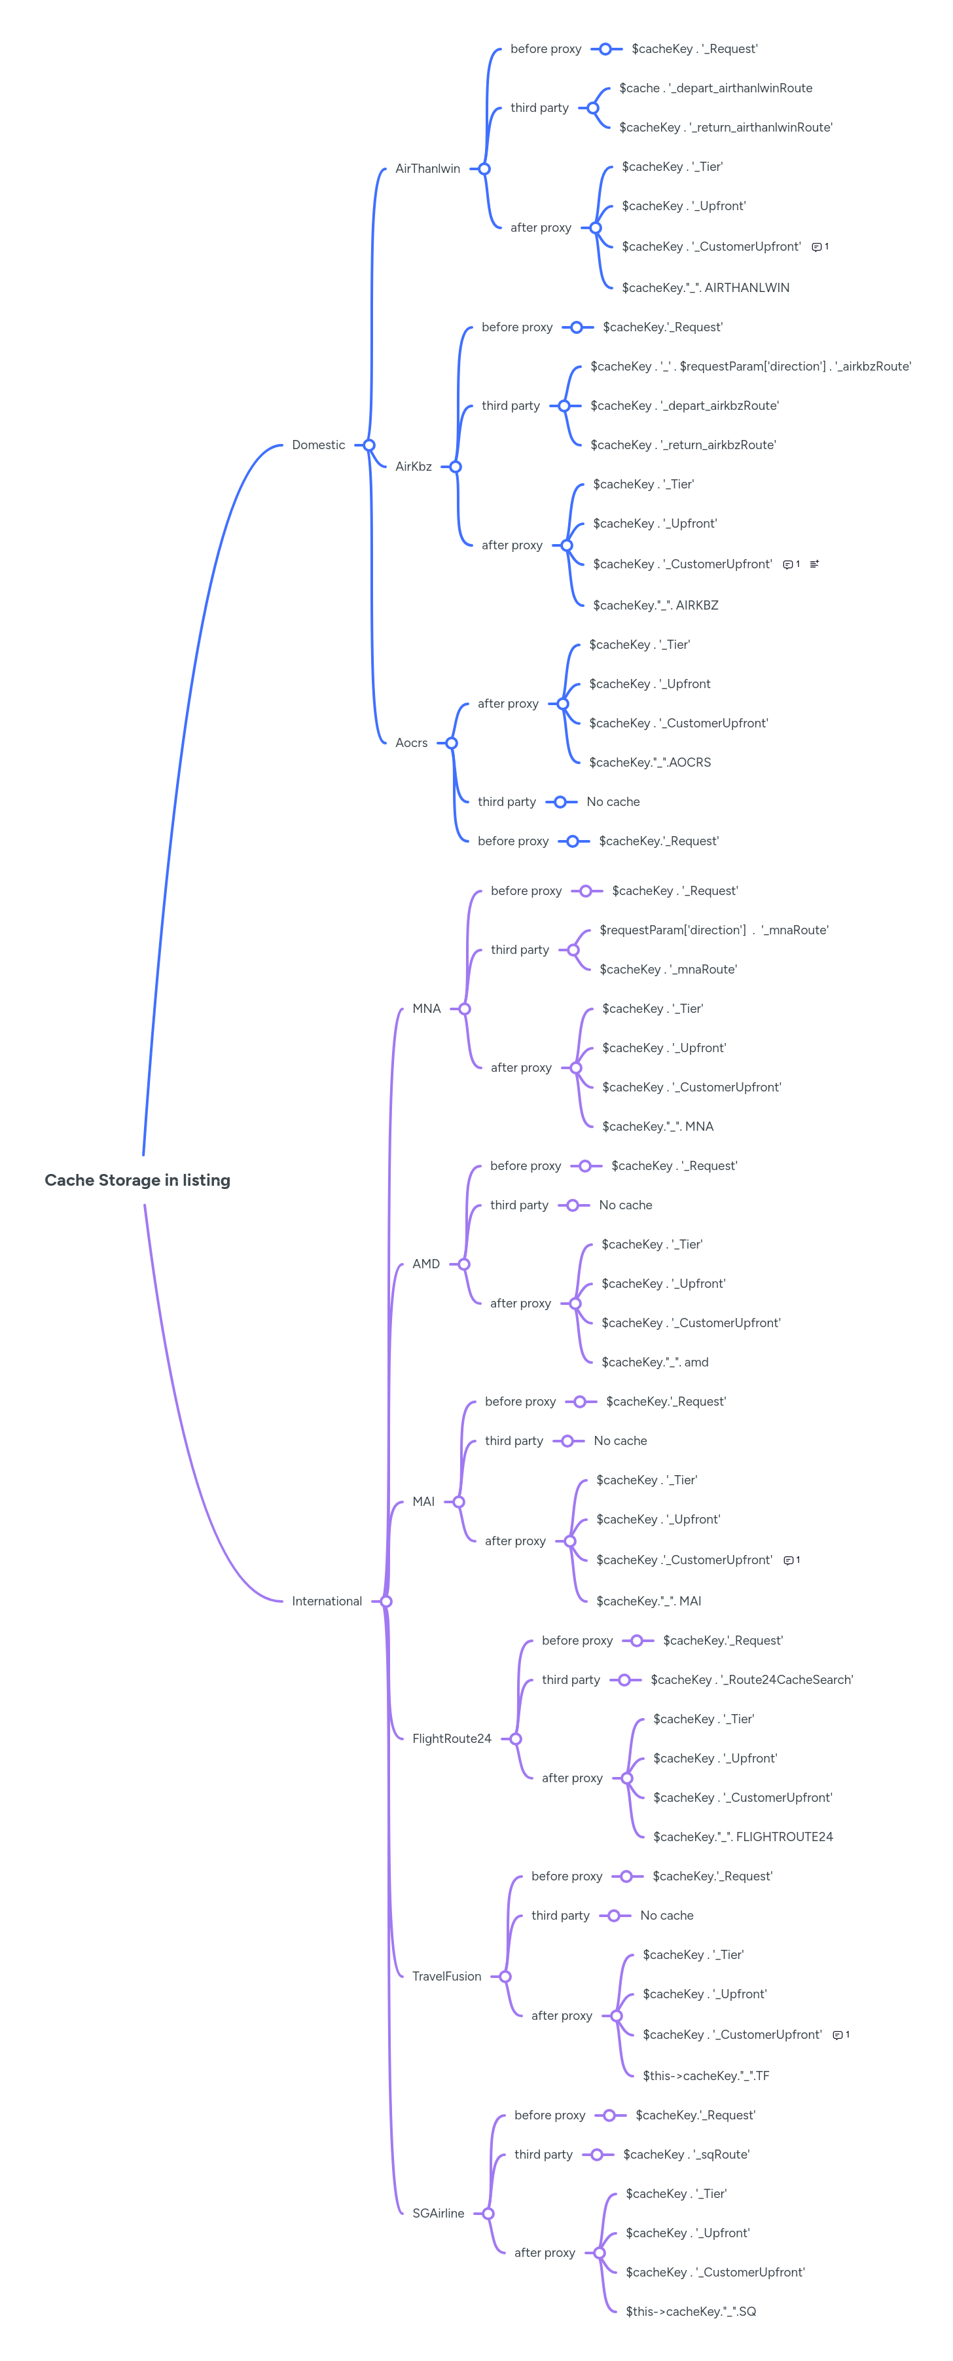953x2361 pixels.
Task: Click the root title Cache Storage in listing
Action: (x=137, y=1180)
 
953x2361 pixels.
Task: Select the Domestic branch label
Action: (x=318, y=445)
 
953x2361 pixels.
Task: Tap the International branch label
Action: (x=326, y=1601)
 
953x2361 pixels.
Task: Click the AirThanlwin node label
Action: (x=427, y=169)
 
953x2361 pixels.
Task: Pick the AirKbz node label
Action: (x=413, y=467)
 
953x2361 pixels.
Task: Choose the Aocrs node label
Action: (x=412, y=743)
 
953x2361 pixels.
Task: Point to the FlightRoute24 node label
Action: (x=451, y=1739)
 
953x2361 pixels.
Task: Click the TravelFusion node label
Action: (x=446, y=1976)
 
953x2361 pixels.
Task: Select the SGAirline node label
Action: (x=438, y=2214)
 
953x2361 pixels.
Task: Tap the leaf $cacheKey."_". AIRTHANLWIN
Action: (x=705, y=288)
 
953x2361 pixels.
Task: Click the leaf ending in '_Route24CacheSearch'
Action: (x=751, y=1680)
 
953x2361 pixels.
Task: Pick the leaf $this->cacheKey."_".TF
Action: (x=706, y=2076)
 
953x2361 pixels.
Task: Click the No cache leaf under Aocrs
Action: (x=613, y=802)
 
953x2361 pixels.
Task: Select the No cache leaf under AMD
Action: (x=625, y=1205)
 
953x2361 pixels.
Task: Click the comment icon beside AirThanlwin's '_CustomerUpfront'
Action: (x=816, y=247)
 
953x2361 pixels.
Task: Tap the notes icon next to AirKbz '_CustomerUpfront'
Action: (x=814, y=564)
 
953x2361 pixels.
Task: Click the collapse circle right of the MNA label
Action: (x=465, y=1009)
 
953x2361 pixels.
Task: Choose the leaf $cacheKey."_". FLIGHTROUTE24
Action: (x=742, y=1837)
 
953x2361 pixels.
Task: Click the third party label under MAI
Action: (x=513, y=1441)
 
